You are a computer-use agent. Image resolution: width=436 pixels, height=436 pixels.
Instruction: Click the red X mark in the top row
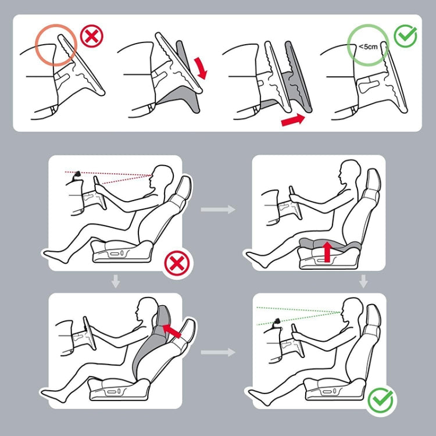pos(91,36)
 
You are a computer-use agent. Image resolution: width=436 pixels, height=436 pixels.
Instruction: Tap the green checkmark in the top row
pos(405,36)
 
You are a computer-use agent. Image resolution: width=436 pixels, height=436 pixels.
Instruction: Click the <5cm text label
pos(368,47)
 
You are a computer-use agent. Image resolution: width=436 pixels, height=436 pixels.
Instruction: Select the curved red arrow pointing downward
pos(201,68)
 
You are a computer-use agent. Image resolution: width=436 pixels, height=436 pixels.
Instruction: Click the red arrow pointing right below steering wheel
pos(293,120)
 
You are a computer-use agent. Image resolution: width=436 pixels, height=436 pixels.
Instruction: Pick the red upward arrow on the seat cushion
pos(328,251)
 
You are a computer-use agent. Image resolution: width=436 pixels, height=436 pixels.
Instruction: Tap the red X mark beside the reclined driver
pos(177,263)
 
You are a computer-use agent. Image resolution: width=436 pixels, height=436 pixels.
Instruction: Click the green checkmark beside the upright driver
pos(380,401)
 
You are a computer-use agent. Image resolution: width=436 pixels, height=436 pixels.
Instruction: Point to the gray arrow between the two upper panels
pos(218,209)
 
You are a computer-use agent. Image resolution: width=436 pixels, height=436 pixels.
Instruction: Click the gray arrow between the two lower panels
pos(218,352)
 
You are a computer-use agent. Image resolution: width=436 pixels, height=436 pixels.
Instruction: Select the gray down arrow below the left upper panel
pos(116,281)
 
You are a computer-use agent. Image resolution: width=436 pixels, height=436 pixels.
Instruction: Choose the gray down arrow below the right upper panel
pos(363,281)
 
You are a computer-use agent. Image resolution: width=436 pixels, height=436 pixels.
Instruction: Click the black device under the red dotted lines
pos(77,176)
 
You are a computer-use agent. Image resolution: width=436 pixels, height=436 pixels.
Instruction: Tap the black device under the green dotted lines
pos(277,322)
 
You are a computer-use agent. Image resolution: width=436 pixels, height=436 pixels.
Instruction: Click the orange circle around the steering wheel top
pos(56,45)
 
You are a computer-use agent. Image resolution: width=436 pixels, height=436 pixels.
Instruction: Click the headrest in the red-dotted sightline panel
pos(184,187)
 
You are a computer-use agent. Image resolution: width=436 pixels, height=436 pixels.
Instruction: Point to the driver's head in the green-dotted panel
pos(353,310)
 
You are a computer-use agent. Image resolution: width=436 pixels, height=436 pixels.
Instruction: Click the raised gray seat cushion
pos(330,244)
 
